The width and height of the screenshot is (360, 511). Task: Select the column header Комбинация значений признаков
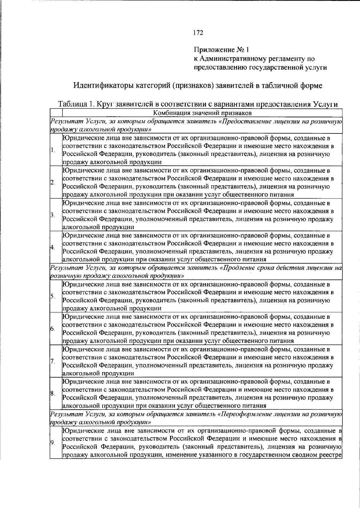click(x=202, y=113)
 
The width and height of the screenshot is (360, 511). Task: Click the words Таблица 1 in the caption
click(x=76, y=104)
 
